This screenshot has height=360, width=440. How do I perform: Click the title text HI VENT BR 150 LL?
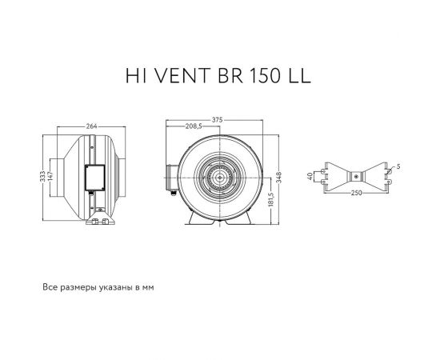(218, 74)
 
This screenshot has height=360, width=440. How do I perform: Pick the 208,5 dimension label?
(193, 127)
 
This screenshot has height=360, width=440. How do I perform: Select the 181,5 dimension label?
(271, 198)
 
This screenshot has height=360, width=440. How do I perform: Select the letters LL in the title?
(295, 74)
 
